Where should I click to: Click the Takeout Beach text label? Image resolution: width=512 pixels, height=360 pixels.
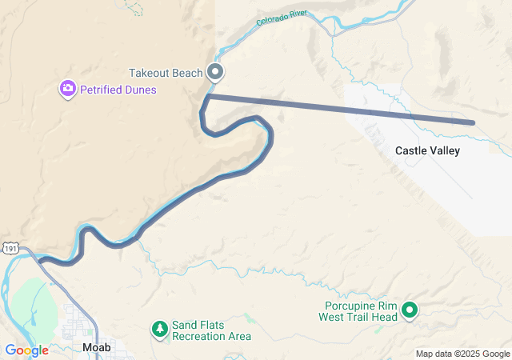(166, 73)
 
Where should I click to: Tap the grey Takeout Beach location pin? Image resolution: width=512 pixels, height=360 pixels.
(215, 72)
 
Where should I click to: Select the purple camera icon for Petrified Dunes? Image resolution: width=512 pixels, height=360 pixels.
(68, 89)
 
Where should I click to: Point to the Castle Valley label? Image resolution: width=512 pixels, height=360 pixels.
(427, 150)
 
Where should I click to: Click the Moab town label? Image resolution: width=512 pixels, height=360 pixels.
(97, 347)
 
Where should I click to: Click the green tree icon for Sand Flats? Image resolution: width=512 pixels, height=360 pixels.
(160, 328)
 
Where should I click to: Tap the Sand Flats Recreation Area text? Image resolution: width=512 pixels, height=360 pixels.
(211, 330)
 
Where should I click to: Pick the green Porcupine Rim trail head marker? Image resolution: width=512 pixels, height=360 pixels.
(410, 310)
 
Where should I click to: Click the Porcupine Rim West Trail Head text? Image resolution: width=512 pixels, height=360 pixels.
(362, 311)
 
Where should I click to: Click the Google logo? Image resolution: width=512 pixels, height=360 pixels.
(26, 350)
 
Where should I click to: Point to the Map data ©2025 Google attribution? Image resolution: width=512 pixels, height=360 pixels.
(462, 354)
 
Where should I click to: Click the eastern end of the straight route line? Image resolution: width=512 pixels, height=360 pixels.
(474, 122)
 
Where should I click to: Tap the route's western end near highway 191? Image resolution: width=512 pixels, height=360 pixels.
(42, 260)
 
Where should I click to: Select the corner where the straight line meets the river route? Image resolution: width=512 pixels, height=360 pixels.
(208, 96)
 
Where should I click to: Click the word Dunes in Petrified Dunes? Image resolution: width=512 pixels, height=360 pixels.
(140, 90)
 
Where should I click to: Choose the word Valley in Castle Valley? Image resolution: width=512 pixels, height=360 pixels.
(444, 150)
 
